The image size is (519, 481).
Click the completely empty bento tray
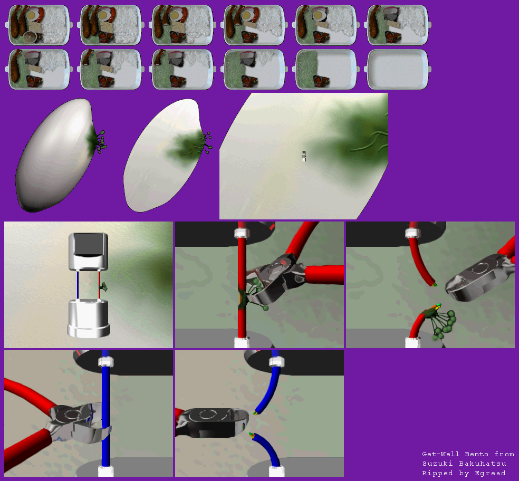pos(398,70)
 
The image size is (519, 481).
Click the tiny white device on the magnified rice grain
pos(304,156)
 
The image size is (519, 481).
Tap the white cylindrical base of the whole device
pos(89,319)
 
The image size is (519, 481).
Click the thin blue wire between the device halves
pos(78,285)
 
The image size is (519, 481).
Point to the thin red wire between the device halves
pos(99,285)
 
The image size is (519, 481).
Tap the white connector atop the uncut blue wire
pos(106,361)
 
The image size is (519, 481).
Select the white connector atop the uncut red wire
pos(242,233)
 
